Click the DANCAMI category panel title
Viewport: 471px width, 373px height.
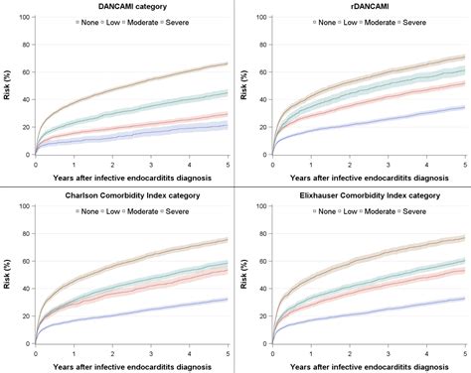click(132, 7)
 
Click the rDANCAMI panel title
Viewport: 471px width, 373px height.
click(367, 7)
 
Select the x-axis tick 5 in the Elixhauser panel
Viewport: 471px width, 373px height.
click(464, 350)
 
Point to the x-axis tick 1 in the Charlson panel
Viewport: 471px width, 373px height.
click(74, 350)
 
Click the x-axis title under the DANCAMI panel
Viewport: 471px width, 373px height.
click(132, 178)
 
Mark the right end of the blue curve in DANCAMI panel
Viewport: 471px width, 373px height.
click(228, 126)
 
